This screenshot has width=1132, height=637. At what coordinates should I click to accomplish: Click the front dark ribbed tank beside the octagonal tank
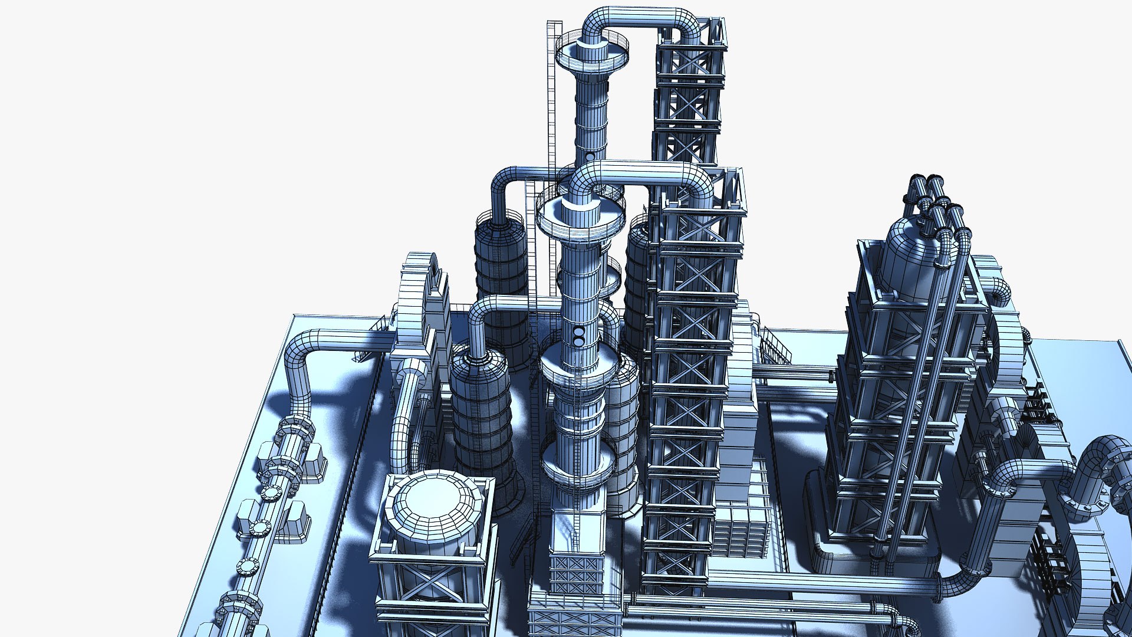tap(481, 413)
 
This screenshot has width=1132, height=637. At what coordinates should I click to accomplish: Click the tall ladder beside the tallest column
tap(553, 106)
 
